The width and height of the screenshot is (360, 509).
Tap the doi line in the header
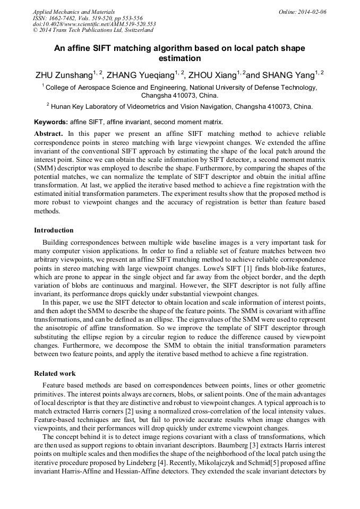click(x=94, y=24)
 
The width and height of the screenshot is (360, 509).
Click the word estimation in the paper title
click(x=179, y=58)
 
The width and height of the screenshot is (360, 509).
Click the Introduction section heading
click(x=54, y=230)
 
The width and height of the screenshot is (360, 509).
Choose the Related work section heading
click(x=55, y=374)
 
